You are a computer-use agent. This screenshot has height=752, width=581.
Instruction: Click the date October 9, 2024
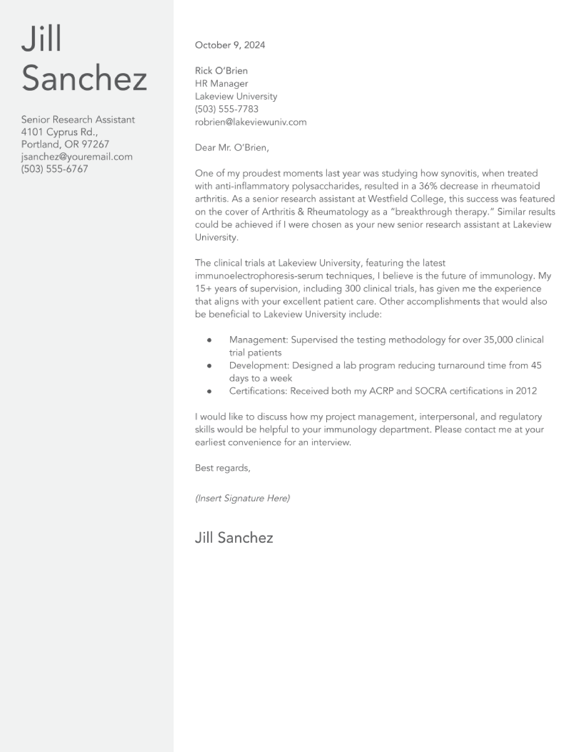[x=230, y=45]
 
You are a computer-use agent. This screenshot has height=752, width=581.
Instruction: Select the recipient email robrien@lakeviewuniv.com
[x=251, y=122]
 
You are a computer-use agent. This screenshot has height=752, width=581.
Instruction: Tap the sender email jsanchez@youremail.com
[x=77, y=157]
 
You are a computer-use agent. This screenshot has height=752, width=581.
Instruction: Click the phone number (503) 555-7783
[x=226, y=109]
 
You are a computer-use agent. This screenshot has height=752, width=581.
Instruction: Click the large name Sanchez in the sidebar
[x=84, y=78]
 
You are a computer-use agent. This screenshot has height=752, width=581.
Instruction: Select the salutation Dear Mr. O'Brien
[x=232, y=148]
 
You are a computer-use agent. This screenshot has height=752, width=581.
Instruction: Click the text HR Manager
[x=221, y=84]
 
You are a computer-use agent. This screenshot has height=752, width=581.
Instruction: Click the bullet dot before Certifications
[x=209, y=391]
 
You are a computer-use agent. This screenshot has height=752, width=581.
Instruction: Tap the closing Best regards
[x=222, y=468]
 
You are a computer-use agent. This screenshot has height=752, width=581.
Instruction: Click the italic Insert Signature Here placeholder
[x=242, y=498]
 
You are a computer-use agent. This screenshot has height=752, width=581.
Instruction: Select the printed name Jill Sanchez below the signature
[x=234, y=538]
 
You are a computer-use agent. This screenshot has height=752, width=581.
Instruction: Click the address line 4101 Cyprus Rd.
[x=59, y=132]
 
